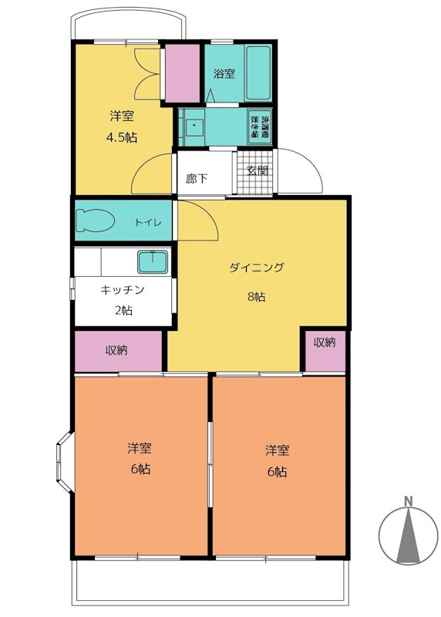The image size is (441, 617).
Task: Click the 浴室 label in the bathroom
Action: point(224,74)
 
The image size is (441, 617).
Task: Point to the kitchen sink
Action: point(153,262)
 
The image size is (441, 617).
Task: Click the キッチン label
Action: point(122,290)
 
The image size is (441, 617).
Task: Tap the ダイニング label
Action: point(257,268)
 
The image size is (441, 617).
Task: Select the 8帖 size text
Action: point(256,297)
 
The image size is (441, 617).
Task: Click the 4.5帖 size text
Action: point(122,138)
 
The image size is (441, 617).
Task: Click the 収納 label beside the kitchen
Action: point(117,350)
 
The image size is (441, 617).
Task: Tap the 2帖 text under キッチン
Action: point(122,311)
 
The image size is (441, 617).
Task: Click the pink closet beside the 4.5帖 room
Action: point(183,73)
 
